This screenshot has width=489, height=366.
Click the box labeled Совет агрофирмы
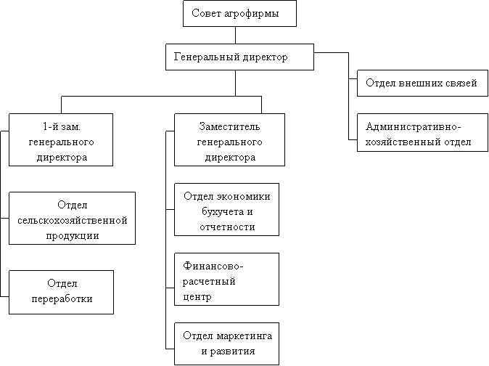239,13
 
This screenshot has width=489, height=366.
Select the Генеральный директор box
239,57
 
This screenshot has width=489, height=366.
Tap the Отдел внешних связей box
422,83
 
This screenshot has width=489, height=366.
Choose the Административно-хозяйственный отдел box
422,133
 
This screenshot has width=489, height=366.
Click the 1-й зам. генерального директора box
61,139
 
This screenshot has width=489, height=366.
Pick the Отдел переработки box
61,293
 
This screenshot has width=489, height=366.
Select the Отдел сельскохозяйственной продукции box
72,218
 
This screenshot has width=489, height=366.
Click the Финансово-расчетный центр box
226,280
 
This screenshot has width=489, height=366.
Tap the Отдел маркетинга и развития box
226,343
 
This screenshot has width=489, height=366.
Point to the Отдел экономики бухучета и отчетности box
226,209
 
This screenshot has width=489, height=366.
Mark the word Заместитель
229,126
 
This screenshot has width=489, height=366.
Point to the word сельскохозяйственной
73,220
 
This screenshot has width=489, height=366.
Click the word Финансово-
213,266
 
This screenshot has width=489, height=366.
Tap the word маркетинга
244,336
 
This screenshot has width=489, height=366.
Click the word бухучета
222,212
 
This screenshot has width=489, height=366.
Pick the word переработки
62,299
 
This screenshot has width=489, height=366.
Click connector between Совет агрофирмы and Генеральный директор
236,36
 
